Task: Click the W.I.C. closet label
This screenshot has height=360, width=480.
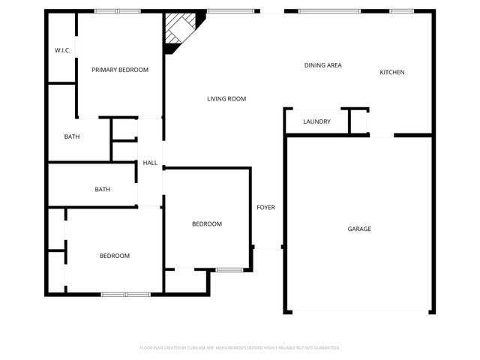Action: coord(62,50)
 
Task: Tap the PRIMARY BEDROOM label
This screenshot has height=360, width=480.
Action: coord(120,70)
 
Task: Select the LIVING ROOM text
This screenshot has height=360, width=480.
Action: coord(226,99)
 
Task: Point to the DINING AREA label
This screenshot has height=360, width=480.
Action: coord(322,65)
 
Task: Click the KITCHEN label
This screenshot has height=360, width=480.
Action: coord(392,72)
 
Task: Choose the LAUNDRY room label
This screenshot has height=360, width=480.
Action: coord(316,121)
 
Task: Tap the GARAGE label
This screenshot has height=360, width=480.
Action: coord(358,229)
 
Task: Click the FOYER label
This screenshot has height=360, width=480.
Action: coord(265,207)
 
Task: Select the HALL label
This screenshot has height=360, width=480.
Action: coord(150,163)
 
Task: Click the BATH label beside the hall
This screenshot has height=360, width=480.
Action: coord(103,189)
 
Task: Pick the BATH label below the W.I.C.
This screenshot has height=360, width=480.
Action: coord(72,136)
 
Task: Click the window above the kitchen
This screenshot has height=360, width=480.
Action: coord(402,10)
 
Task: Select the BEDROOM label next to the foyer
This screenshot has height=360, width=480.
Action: coord(206,223)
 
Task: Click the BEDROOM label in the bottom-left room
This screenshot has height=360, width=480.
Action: coord(115,256)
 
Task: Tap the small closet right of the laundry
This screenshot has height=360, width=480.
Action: coord(359,121)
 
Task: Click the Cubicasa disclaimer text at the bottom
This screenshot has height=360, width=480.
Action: coord(240,348)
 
